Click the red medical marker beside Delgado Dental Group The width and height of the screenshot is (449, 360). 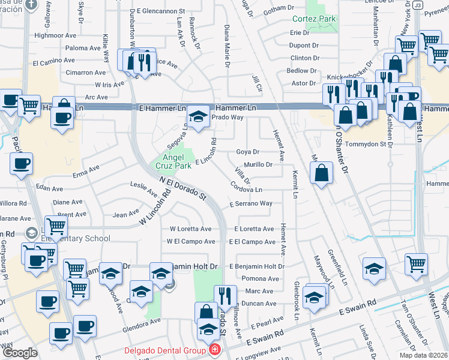pyautogui.click(x=214, y=350)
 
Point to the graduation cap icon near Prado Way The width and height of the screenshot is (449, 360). pyautogui.click(x=197, y=115)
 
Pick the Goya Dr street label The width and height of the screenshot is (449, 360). pyautogui.click(x=247, y=152)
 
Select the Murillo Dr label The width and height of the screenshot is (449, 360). pyautogui.click(x=258, y=164)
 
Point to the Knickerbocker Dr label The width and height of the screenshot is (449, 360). pyautogui.click(x=350, y=77)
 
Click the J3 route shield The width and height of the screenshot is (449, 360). pyautogui.click(x=417, y=5)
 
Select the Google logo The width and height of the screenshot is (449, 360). pyautogui.click(x=19, y=352)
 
